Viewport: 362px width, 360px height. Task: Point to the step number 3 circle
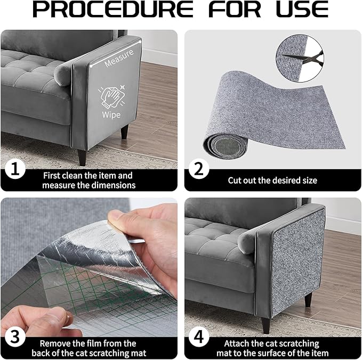(14, 337)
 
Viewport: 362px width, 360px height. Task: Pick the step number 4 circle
(198, 337)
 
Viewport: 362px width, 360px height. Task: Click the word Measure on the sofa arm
(119, 62)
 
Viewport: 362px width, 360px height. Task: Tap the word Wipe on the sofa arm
(112, 114)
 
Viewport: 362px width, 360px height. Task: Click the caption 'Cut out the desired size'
(272, 181)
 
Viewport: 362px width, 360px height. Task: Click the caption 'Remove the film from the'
(88, 343)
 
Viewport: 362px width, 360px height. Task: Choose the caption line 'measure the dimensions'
(89, 185)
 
